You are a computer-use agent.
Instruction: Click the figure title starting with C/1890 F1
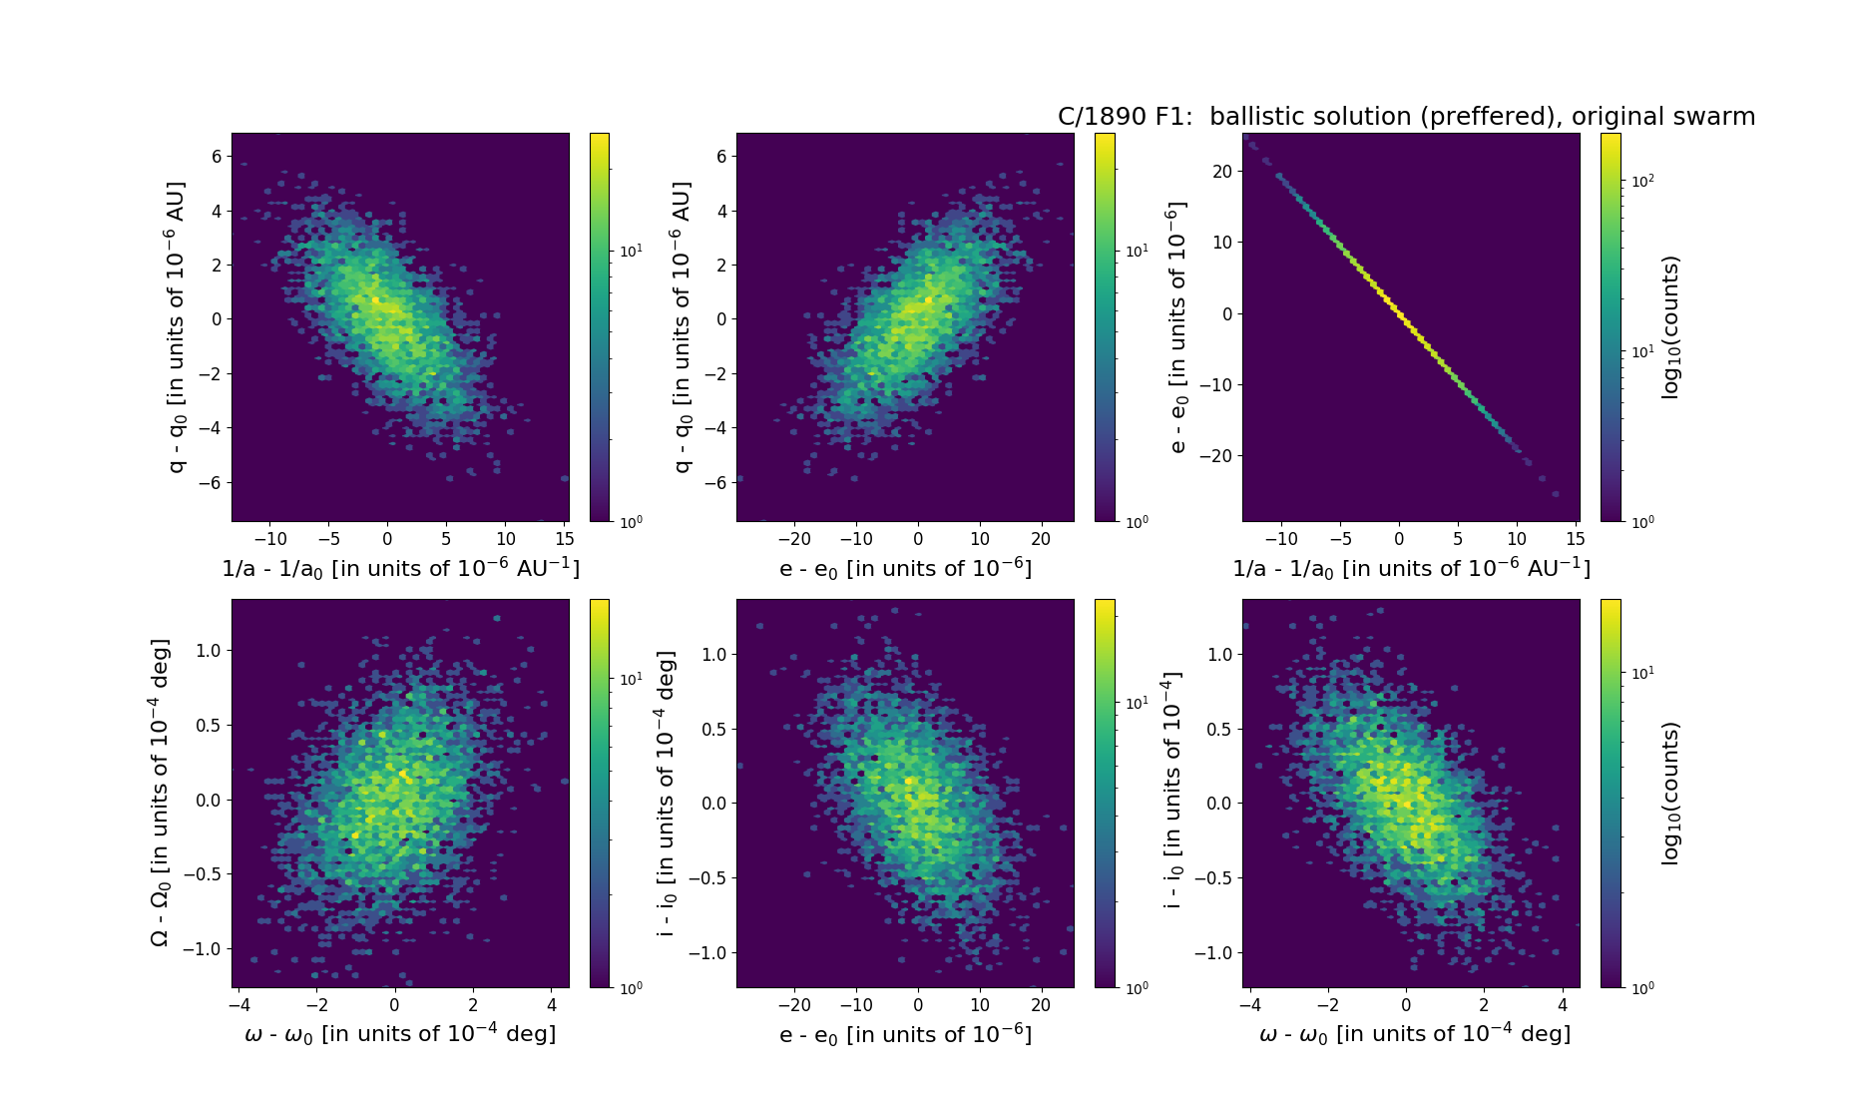coord(1406,117)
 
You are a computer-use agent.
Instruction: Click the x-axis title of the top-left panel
coord(400,568)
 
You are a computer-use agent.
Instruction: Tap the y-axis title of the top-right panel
coord(1177,327)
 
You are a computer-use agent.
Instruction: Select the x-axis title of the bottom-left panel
coord(400,1033)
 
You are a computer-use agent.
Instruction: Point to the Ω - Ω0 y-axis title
coord(160,793)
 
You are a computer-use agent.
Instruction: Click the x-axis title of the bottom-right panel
coord(1415,1033)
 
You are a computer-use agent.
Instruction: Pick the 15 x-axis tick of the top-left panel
coord(564,539)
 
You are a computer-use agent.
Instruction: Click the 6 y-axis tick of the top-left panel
coord(217,157)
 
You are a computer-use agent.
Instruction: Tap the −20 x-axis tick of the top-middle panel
coord(794,539)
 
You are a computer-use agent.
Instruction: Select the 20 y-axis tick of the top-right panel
coord(1221,172)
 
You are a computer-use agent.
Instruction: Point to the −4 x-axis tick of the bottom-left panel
coord(238,1005)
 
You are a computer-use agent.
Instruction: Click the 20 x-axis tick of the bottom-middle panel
coord(1041,1005)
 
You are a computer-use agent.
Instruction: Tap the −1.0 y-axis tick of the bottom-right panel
coord(1213,953)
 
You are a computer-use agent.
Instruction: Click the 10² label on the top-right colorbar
coord(1641,181)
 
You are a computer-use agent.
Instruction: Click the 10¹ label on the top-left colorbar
coord(632,251)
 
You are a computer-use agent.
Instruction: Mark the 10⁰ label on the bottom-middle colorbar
coord(1137,988)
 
